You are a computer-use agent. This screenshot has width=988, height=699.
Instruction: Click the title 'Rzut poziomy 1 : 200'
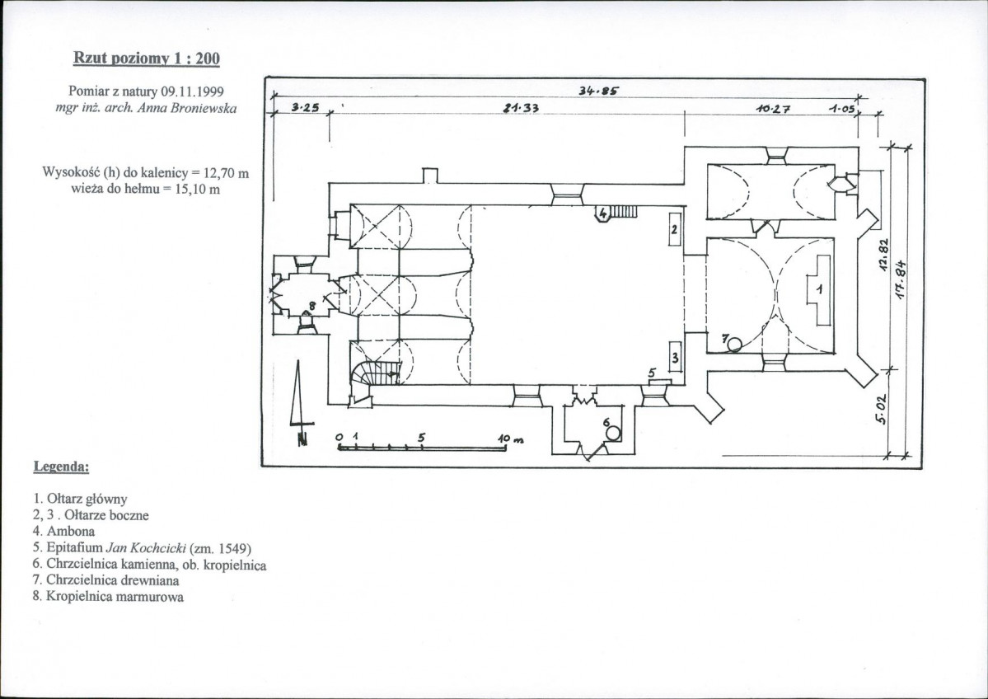[146, 59]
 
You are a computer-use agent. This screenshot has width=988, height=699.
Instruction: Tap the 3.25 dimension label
[306, 108]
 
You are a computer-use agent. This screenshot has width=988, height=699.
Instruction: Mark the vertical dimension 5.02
[883, 408]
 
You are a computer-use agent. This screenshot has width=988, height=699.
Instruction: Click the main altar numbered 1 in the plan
[819, 290]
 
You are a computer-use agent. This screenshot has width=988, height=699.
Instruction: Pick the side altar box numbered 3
[675, 358]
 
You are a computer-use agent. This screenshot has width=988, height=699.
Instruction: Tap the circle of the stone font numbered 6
[614, 434]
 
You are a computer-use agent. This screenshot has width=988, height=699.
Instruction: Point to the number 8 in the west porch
[311, 306]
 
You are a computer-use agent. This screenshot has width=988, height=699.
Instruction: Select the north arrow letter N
[303, 439]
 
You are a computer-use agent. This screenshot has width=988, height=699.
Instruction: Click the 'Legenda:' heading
[61, 467]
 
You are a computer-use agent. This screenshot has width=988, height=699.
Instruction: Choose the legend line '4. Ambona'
[63, 532]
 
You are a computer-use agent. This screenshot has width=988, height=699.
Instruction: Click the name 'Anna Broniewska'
[187, 109]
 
